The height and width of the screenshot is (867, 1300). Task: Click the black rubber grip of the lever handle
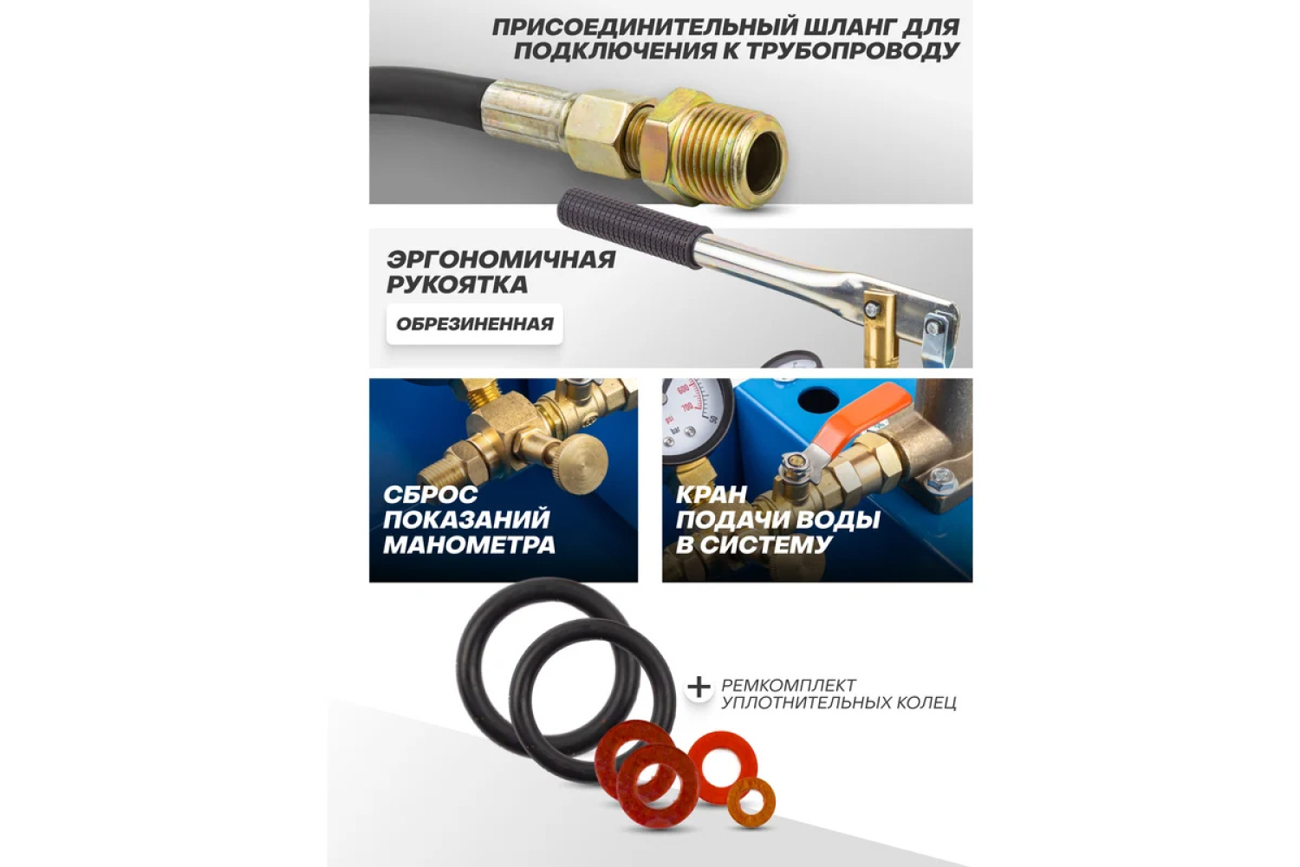pyautogui.click(x=634, y=227)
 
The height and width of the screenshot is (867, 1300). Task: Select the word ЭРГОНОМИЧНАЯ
pyautogui.click(x=501, y=259)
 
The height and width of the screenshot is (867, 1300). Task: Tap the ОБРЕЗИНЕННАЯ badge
pyautogui.click(x=475, y=324)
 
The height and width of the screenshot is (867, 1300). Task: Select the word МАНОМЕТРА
pyautogui.click(x=469, y=545)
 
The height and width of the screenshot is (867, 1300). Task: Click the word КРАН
pyautogui.click(x=711, y=494)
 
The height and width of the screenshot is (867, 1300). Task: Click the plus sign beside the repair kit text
pyautogui.click(x=699, y=688)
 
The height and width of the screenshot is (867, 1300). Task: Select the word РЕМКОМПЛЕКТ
pyautogui.click(x=789, y=685)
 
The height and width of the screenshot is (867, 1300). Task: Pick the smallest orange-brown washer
pyautogui.click(x=751, y=804)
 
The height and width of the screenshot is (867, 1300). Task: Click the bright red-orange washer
pyautogui.click(x=723, y=766)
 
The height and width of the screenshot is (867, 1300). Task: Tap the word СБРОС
pyautogui.click(x=431, y=494)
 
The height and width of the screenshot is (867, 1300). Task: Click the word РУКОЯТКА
pyautogui.click(x=458, y=284)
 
